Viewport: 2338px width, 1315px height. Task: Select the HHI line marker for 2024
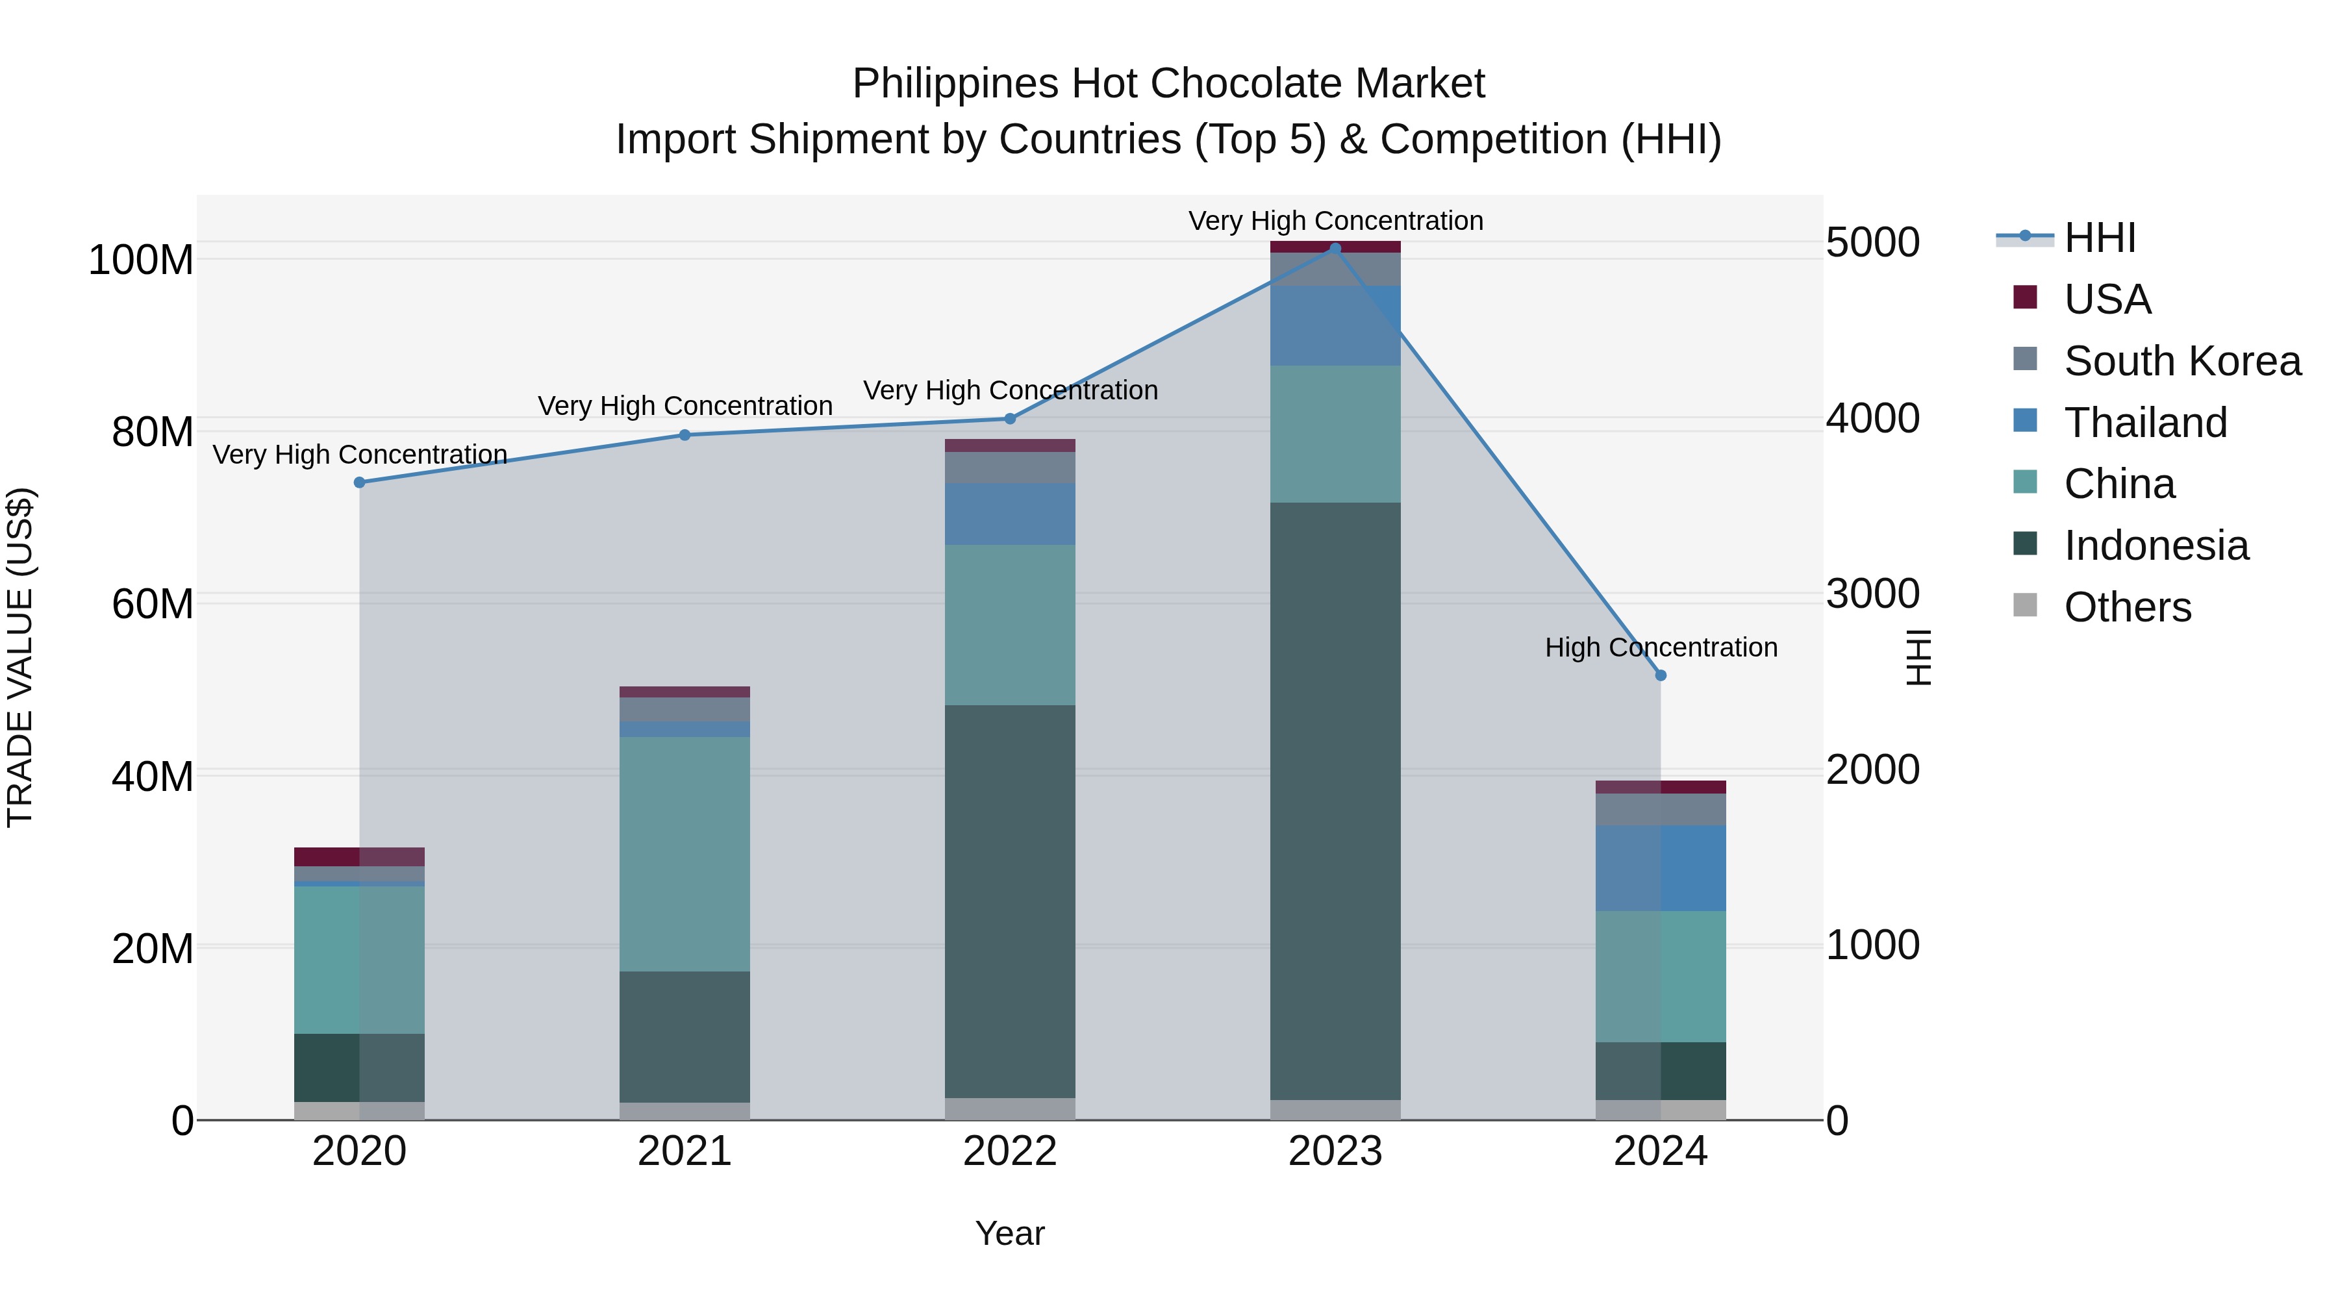click(1660, 675)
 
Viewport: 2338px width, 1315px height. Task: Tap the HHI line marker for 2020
click(359, 482)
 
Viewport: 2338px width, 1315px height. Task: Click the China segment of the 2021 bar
click(685, 853)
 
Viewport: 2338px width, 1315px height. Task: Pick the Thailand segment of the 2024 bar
click(1660, 868)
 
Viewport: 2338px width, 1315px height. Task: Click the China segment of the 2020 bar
click(359, 959)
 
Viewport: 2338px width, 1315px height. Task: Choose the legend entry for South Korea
click(2182, 361)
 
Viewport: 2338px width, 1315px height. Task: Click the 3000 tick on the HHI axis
click(1872, 594)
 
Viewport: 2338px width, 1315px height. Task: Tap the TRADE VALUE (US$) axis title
click(21, 657)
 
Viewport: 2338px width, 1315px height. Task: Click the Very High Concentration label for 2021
click(685, 407)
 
